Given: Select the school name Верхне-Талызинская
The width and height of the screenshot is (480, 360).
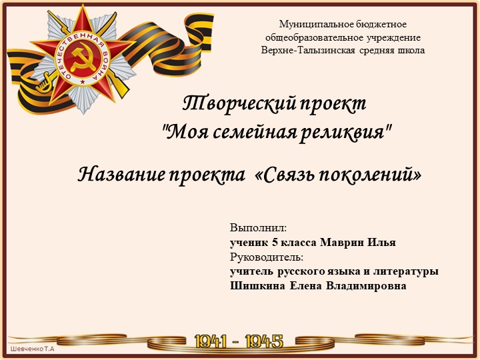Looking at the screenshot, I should click(x=309, y=50).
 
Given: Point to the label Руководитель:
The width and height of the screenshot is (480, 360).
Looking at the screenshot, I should click(x=267, y=257).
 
